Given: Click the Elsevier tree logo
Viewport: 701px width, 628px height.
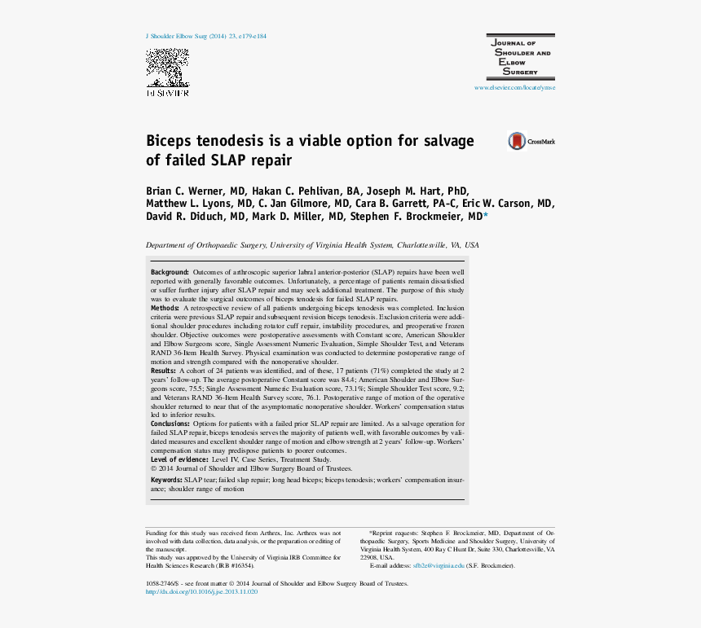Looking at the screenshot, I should [167, 68].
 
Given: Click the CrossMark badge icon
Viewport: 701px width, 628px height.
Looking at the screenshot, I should [517, 142].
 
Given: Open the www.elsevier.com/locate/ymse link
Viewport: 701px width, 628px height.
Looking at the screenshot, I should [514, 87].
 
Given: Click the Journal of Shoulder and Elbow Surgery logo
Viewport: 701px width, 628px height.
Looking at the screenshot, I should [519, 56].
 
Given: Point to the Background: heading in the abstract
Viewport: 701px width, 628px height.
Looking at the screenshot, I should [170, 271].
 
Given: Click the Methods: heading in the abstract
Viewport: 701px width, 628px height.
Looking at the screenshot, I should [165, 309].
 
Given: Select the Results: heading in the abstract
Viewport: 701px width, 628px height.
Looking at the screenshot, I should [164, 370].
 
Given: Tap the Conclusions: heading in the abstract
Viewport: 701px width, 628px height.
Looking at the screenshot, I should [171, 424].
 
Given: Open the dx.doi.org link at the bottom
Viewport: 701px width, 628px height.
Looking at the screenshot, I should [201, 592].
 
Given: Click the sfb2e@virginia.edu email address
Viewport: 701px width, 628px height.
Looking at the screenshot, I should [438, 565].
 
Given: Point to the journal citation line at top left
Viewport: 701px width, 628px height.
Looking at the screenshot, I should [205, 37].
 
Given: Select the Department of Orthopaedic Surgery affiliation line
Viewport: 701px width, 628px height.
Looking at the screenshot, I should [312, 245].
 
